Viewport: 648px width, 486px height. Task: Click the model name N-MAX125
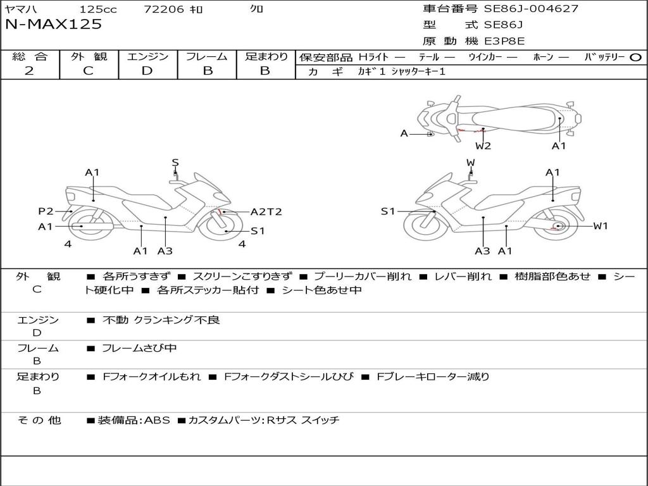pos(53,25)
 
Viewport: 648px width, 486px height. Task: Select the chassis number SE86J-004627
pos(531,9)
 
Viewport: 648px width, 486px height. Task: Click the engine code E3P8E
pos(504,41)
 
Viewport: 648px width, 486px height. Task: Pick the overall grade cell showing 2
pos(29,70)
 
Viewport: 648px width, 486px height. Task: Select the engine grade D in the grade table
pos(147,70)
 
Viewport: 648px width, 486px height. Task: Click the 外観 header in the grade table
pos(89,56)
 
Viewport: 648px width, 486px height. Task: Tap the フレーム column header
pos(207,56)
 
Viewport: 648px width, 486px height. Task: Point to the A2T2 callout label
pos(266,212)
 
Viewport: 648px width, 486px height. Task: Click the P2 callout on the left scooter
pos(46,211)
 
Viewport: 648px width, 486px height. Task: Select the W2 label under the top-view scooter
pos(483,146)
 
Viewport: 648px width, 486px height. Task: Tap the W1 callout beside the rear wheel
pos(600,226)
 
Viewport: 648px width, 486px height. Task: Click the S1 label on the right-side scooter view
pos(387,211)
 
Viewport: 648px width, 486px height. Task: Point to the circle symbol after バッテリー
pos(635,57)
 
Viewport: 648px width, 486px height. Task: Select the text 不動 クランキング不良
pos(161,320)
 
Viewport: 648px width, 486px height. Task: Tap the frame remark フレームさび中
pos(139,348)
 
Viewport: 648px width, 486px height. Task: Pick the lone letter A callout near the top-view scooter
pos(404,134)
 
